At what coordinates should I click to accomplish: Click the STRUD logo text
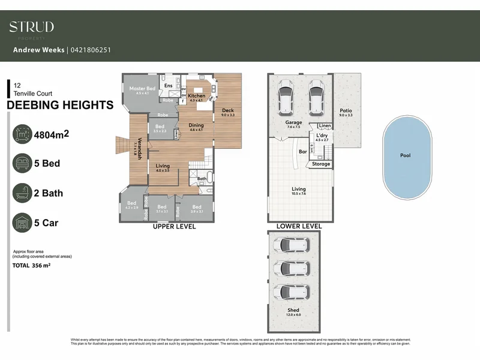coord(31,26)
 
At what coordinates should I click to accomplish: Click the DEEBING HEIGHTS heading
coord(59,106)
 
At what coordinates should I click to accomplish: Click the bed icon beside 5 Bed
coord(22,163)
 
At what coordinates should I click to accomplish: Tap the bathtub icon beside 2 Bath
coord(22,193)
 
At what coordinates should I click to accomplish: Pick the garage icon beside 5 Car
coord(22,223)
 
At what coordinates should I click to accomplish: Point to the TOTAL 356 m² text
coord(32,265)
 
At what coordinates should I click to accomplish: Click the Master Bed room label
coord(142,89)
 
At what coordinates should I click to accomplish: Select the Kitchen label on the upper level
coord(197,96)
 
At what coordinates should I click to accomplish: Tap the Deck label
coord(227,110)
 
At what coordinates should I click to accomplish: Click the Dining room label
coord(197,125)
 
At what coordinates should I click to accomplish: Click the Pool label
coord(406,155)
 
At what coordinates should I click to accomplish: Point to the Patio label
coord(346,110)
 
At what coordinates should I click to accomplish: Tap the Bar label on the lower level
coord(303,152)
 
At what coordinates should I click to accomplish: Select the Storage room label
coord(321,164)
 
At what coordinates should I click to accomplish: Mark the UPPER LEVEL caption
coord(175,227)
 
